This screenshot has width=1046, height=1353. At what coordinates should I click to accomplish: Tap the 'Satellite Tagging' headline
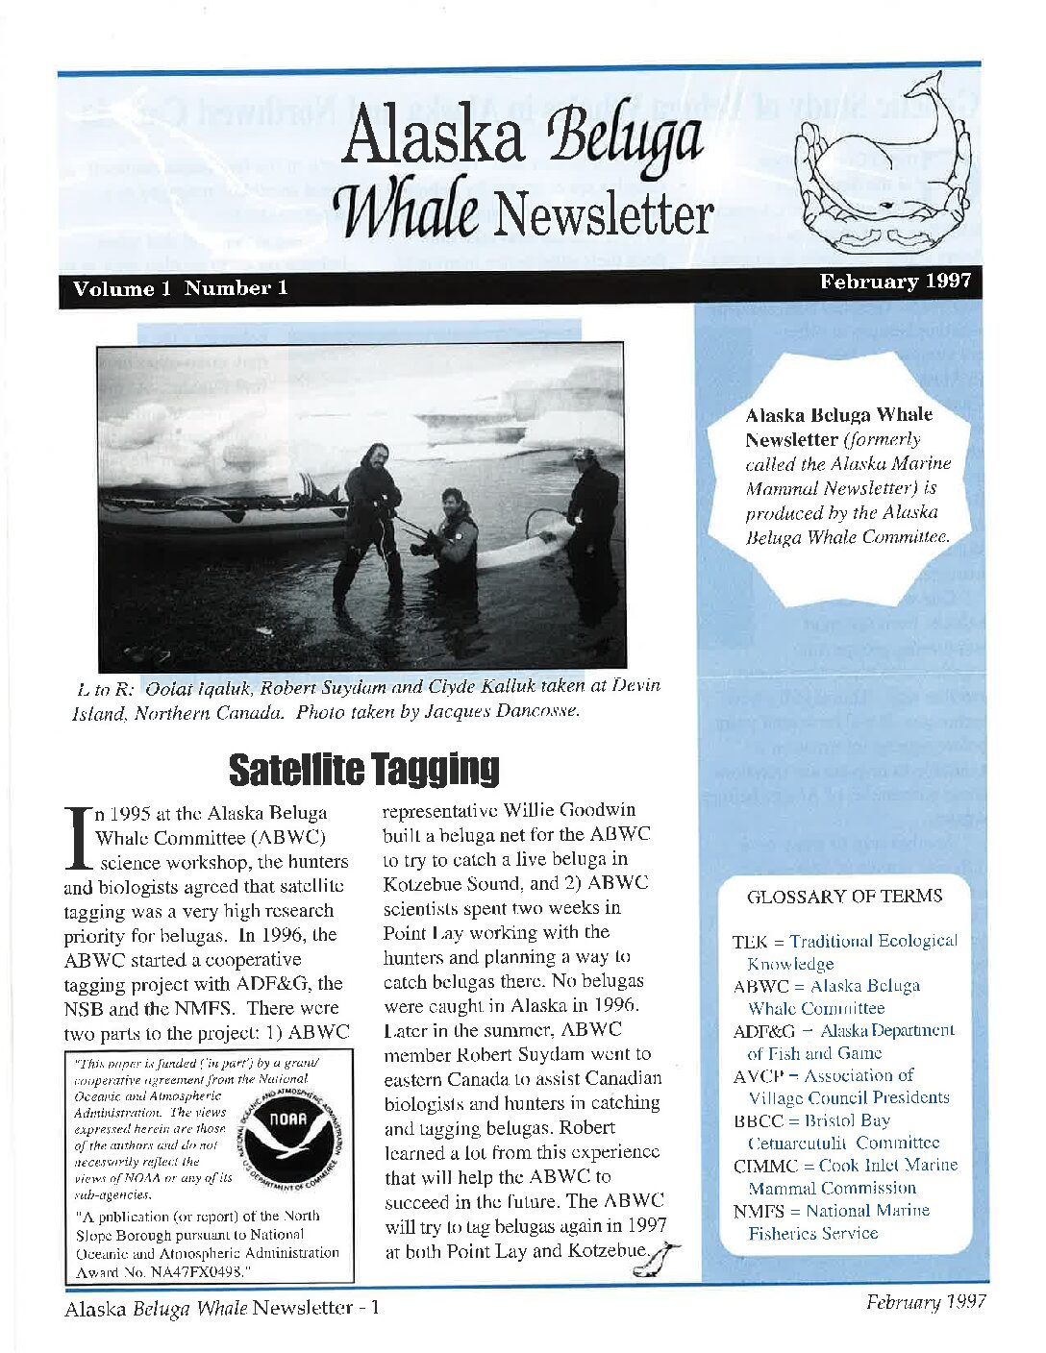(363, 769)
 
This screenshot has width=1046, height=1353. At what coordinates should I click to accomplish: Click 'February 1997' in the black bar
(895, 282)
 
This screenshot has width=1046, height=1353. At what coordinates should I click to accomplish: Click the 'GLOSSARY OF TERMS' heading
(844, 897)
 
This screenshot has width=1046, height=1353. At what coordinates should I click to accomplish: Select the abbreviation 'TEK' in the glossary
(748, 942)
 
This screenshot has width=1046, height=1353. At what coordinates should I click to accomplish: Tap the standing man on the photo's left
(371, 519)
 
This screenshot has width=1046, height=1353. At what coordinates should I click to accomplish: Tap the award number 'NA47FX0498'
(193, 1272)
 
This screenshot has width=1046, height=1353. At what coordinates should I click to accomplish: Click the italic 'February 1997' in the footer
(925, 1302)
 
